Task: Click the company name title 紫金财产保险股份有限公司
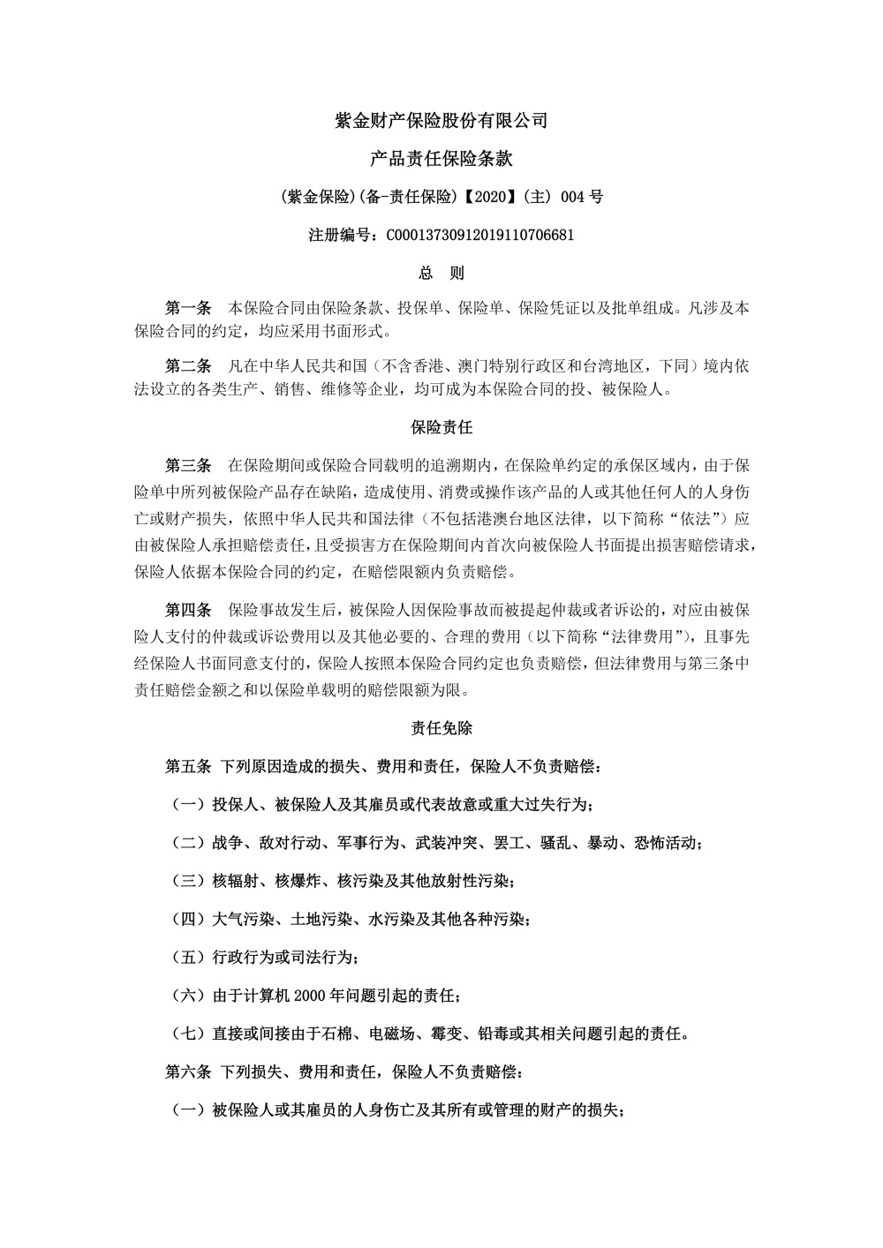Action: pos(441,121)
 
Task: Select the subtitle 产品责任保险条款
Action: pos(441,160)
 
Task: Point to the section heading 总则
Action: pos(441,274)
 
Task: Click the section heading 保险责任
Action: pos(441,428)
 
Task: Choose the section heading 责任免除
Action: pos(441,728)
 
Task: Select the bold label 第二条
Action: pos(188,365)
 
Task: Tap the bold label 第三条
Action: pos(188,465)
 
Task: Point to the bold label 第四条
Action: pos(188,610)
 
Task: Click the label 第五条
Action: pos(188,766)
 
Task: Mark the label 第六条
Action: pos(188,1072)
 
